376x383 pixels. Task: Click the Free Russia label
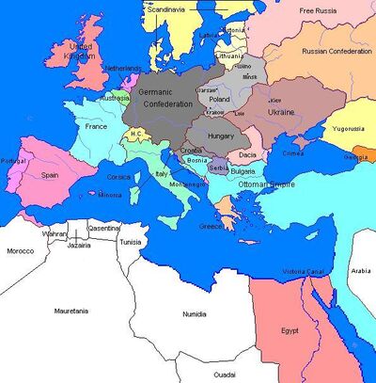coord(320,10)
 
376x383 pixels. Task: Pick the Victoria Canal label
coord(301,274)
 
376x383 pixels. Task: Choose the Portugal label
coord(13,161)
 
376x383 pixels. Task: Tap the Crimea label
coord(293,152)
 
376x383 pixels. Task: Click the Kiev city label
coord(276,97)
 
